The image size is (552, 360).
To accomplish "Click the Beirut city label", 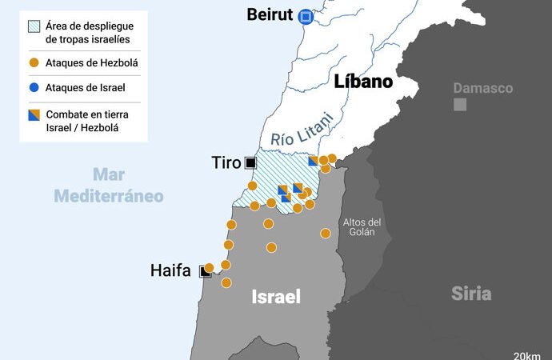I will point(270,14).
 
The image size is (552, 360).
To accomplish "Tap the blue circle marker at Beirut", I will point(305,16).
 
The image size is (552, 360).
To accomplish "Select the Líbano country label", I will point(363,82).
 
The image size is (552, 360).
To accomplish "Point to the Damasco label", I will point(482,88).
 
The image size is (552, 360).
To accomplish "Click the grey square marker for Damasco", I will point(460,105).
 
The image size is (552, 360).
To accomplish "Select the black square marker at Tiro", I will point(250,163).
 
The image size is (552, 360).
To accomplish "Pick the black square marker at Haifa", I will point(205,272).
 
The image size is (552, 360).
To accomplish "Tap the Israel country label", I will point(276,297).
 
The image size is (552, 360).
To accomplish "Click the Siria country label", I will point(471,293).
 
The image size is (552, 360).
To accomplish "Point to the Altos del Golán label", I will point(362,226).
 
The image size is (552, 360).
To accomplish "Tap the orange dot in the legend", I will point(33,63).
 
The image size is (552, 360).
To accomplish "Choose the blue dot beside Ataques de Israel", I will point(33,88).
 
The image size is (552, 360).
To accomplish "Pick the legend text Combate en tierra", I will point(86,114).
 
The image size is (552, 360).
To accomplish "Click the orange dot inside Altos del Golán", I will point(326,234).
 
